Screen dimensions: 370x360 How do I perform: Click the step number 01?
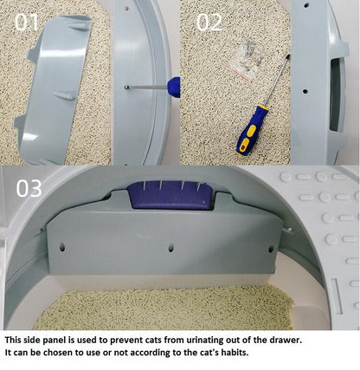tap(26, 22)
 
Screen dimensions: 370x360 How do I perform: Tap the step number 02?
tap(209, 22)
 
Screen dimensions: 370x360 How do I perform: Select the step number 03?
tap(29, 187)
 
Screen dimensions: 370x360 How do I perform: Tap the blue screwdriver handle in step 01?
tap(173, 87)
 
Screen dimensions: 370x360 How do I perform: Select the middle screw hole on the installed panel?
tap(170, 247)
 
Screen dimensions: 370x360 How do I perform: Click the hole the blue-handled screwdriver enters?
tap(126, 86)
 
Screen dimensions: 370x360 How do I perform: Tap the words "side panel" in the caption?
tap(47, 341)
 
